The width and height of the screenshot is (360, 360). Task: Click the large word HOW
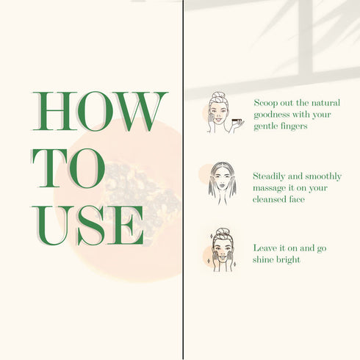click(x=99, y=111)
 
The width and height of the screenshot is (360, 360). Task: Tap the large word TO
click(x=68, y=168)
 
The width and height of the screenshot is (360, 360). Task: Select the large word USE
click(x=87, y=226)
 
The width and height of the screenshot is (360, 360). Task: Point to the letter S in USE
click(x=91, y=226)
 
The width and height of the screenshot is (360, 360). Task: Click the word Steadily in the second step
click(x=269, y=176)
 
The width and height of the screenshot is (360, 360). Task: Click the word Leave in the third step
click(x=264, y=248)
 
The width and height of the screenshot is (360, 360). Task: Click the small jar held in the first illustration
click(x=237, y=120)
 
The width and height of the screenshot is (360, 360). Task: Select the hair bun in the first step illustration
click(x=218, y=95)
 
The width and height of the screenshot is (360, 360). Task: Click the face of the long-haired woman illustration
click(x=223, y=182)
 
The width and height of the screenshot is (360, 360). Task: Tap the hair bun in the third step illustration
click(x=222, y=231)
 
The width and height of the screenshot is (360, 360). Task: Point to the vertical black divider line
click(x=183, y=180)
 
